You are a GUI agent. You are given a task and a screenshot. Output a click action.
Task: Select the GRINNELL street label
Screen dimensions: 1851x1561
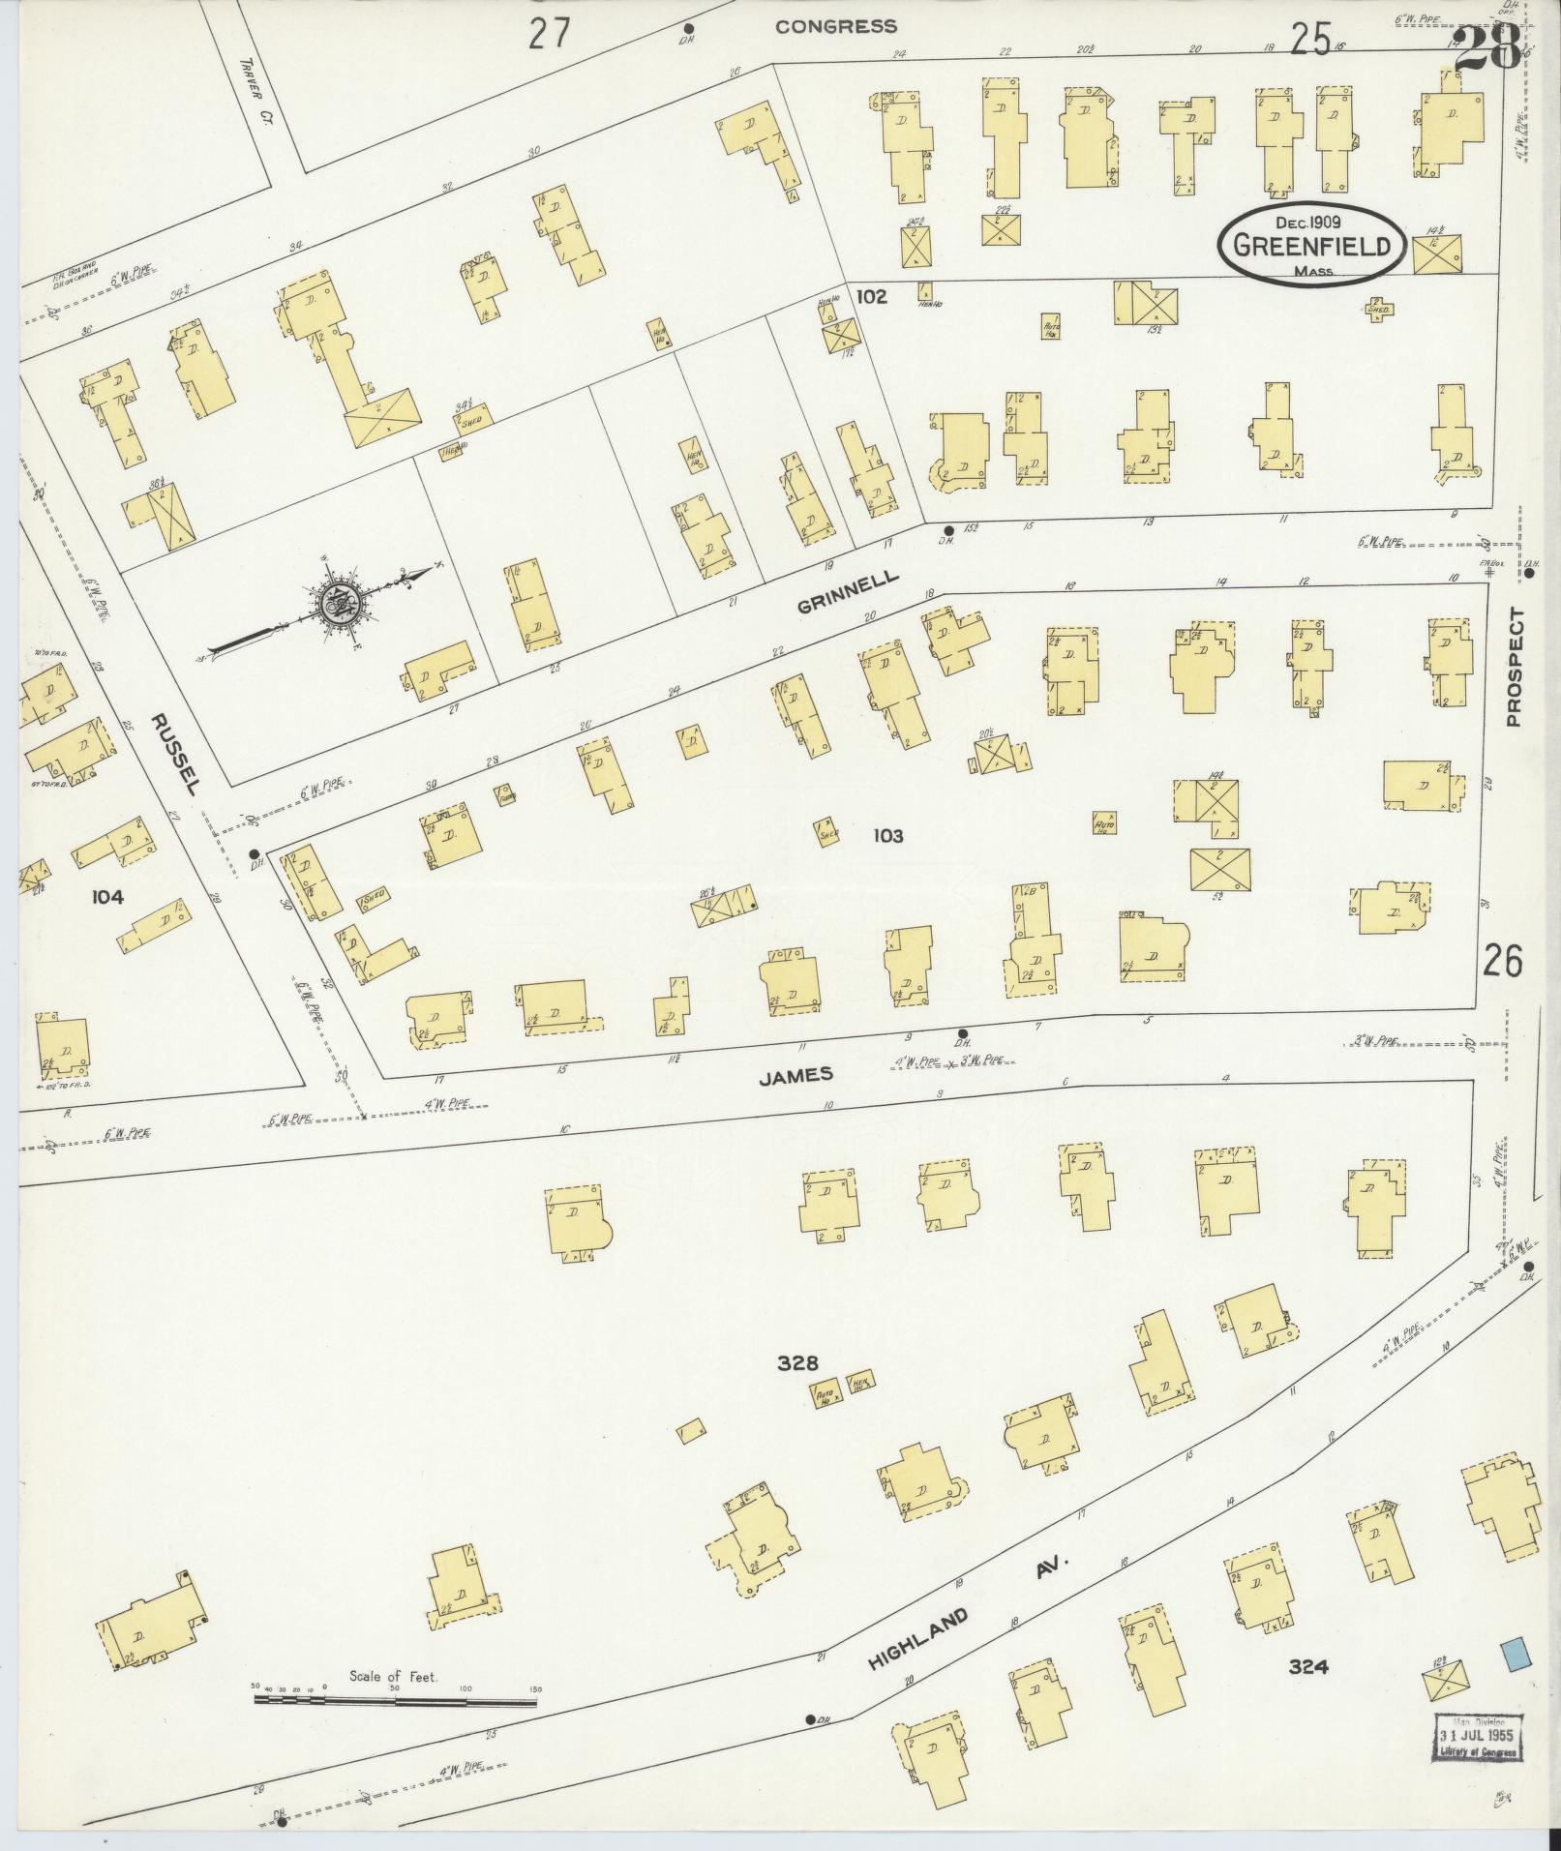849,593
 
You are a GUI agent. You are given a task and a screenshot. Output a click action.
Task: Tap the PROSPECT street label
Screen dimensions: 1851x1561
1514,667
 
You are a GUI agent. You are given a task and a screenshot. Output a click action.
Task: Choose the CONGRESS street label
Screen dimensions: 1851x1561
836,27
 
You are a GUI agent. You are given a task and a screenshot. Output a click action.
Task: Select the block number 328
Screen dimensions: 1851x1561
797,1363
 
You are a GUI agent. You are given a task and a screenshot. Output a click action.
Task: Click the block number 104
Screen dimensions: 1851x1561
106,897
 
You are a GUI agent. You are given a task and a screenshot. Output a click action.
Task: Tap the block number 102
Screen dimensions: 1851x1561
871,297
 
